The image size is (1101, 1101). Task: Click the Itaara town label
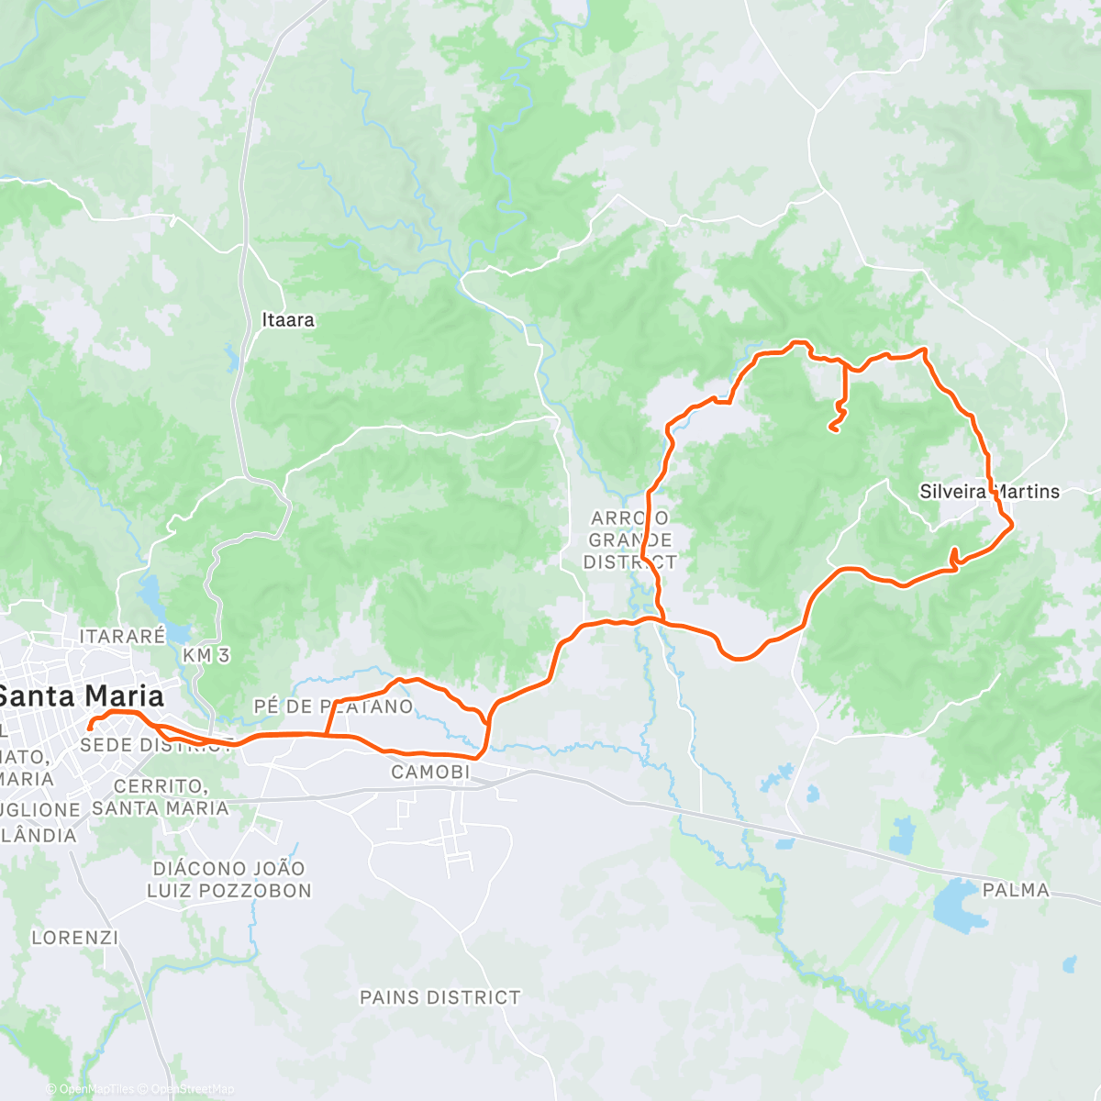tap(288, 320)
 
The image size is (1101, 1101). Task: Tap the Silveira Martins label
tap(989, 492)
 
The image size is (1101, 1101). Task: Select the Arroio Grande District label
tap(630, 540)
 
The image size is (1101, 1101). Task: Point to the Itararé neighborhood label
tap(122, 636)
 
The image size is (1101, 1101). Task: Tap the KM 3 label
tap(206, 655)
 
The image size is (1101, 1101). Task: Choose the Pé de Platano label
tap(333, 706)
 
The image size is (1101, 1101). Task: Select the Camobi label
tap(430, 773)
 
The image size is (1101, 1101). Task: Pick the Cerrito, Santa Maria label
tap(160, 797)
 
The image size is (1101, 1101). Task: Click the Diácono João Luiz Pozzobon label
tap(229, 879)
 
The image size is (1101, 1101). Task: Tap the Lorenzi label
tap(74, 938)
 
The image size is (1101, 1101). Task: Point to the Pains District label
tap(439, 997)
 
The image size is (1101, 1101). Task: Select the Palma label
tap(1015, 890)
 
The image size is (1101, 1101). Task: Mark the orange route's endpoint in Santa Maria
tap(89, 728)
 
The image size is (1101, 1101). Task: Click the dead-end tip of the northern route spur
tap(831, 427)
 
